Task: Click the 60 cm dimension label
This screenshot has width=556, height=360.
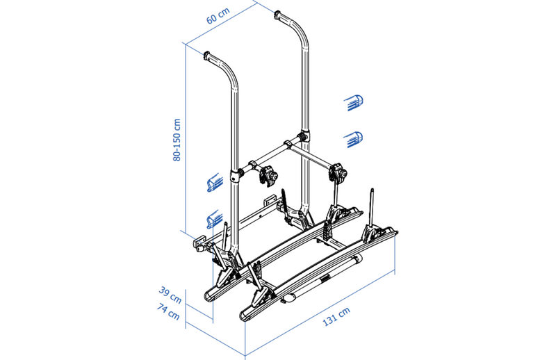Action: [x=218, y=16]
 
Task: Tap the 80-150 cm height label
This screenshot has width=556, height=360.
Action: [x=177, y=140]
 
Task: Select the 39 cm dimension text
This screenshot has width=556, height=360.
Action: [x=170, y=295]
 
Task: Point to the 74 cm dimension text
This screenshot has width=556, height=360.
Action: [x=168, y=312]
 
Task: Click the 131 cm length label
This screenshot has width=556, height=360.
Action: [x=336, y=316]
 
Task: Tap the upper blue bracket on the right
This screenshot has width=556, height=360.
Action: [x=354, y=103]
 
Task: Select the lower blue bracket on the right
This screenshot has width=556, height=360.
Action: [x=354, y=140]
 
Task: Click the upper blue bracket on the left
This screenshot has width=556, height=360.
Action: [x=215, y=183]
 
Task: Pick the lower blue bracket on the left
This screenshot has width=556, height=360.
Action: [x=215, y=219]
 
